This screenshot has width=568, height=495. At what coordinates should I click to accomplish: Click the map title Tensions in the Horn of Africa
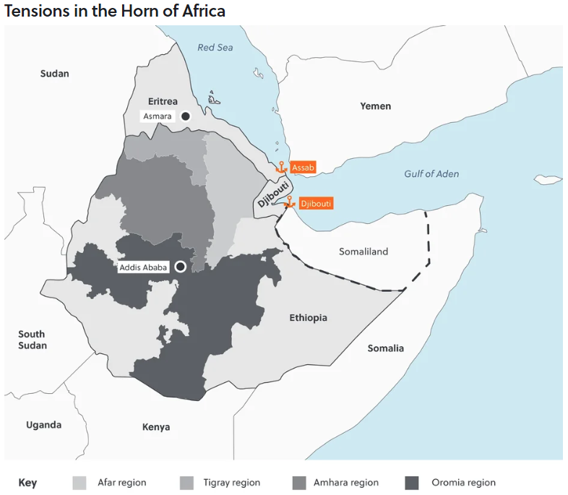115,11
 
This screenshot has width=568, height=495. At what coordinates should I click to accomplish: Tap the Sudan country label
54,74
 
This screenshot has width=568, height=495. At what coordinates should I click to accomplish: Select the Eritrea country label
163,101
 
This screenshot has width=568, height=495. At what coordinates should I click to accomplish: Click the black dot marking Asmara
186,116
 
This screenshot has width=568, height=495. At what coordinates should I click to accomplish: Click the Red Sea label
215,48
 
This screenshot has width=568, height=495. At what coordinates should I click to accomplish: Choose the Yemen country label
375,106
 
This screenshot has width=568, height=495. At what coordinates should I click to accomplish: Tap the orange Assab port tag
304,168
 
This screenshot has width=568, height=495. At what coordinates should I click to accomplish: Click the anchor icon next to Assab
281,167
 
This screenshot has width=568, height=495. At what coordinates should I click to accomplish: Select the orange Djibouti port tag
315,204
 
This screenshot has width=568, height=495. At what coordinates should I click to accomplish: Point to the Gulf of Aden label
431,173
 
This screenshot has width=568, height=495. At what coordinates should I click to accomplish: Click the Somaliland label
363,251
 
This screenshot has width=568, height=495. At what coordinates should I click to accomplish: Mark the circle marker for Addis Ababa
180,267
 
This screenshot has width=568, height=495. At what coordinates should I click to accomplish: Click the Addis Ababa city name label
143,267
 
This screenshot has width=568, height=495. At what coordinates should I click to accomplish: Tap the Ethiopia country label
308,318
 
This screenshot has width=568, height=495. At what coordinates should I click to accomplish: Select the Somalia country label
386,348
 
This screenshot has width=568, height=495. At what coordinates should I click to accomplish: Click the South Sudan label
32,340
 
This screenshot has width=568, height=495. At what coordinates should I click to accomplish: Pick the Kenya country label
156,427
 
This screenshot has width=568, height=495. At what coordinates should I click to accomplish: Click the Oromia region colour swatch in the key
412,483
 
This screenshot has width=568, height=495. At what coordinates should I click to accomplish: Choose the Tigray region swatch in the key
187,483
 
